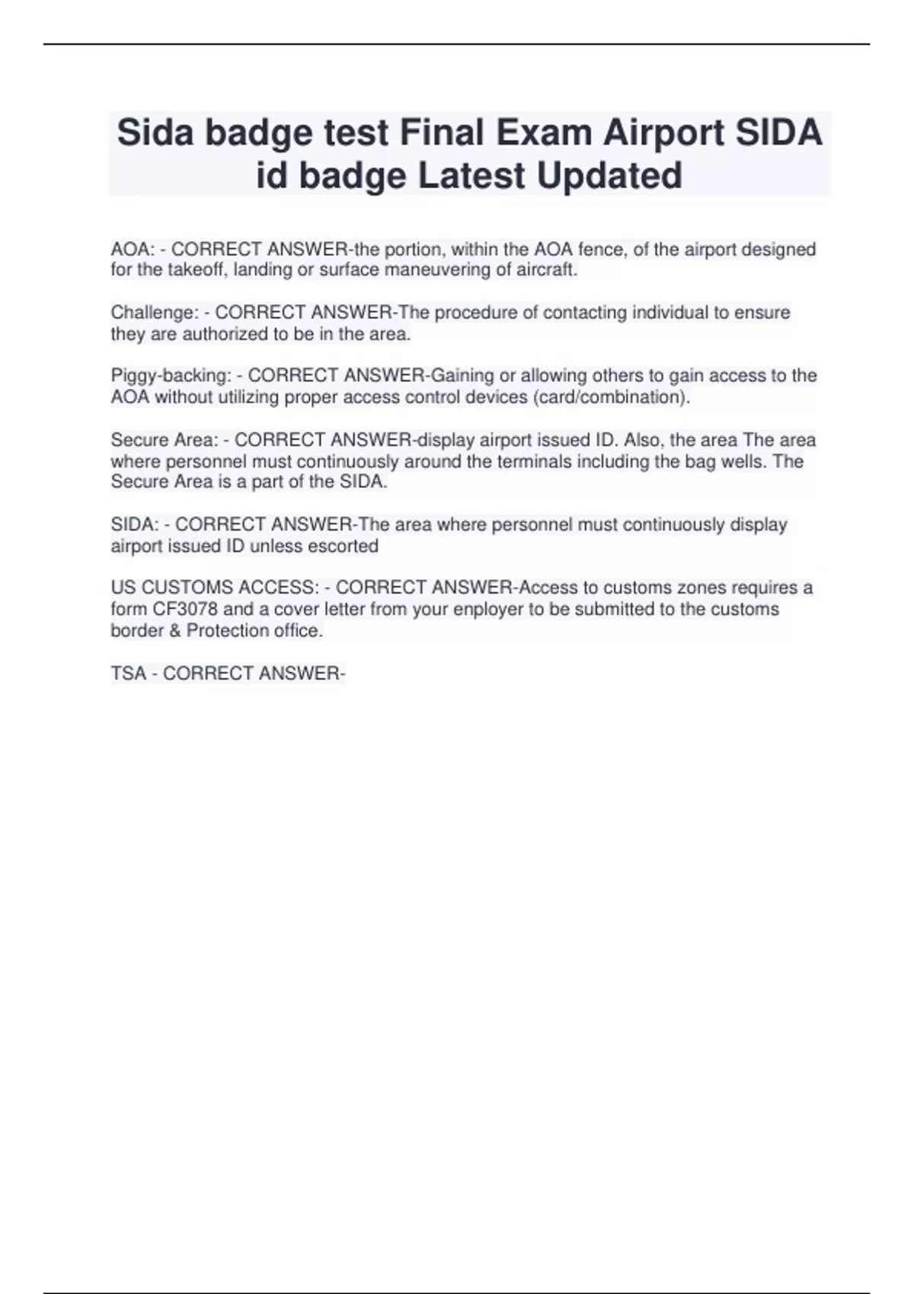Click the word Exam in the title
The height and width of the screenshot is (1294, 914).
[544, 133]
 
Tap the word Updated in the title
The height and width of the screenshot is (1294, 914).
[609, 176]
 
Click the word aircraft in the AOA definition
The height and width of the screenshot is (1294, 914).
[547, 270]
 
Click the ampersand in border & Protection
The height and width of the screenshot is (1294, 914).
[174, 631]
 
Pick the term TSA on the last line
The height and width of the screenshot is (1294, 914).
[128, 674]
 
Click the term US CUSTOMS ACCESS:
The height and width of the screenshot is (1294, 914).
[215, 588]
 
